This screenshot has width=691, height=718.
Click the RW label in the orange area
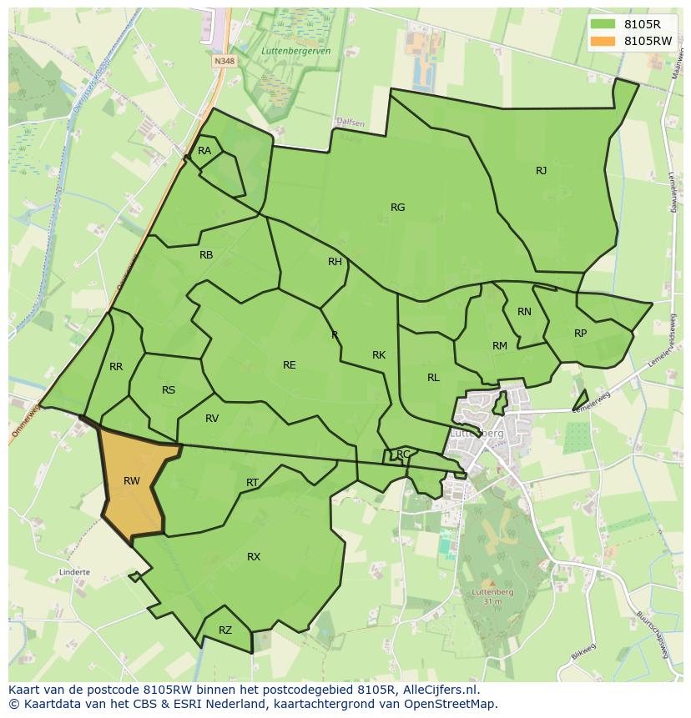(x=131, y=480)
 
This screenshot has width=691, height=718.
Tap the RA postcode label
(x=204, y=151)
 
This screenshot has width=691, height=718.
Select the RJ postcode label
(x=541, y=171)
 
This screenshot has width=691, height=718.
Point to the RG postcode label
(x=397, y=208)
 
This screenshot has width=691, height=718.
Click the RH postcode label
(x=335, y=262)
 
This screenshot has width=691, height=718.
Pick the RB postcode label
(x=206, y=255)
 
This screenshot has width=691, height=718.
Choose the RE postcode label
(x=289, y=365)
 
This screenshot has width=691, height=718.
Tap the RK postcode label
(x=379, y=355)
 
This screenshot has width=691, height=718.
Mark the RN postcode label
(x=524, y=312)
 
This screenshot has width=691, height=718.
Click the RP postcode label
(x=580, y=334)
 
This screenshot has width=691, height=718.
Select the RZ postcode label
(x=225, y=630)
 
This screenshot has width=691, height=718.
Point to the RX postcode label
(x=254, y=557)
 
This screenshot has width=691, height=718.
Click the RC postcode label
(x=403, y=454)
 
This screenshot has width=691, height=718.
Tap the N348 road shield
(x=224, y=61)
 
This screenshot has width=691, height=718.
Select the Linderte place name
(x=74, y=573)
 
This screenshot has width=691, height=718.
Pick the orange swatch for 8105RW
(x=602, y=41)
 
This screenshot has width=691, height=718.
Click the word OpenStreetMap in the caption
(x=454, y=704)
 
